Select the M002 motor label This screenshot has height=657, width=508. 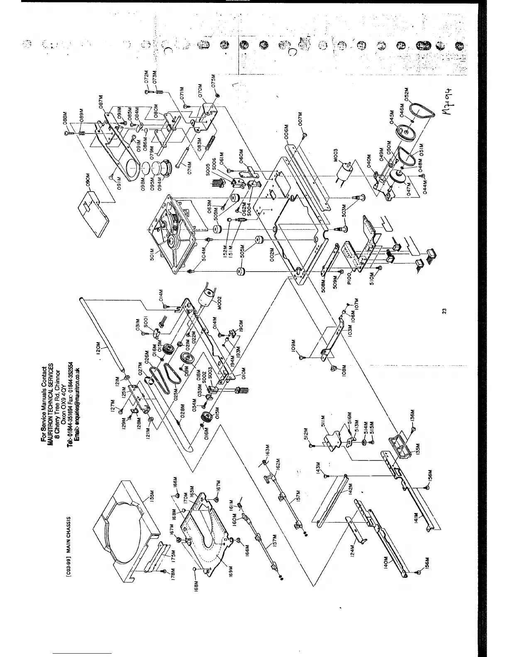pos(220,303)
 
